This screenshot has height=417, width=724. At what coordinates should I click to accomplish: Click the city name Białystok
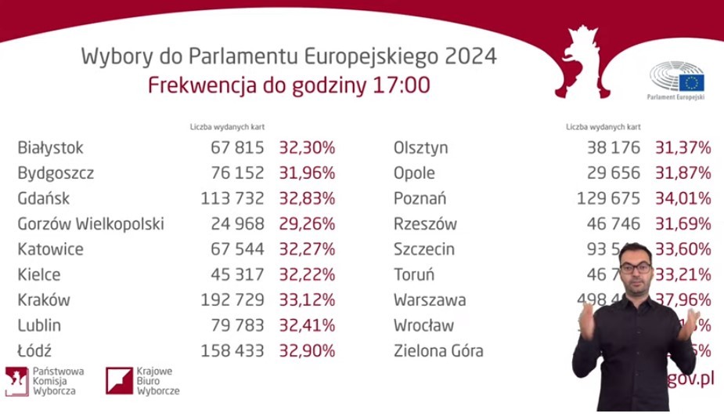[50, 147]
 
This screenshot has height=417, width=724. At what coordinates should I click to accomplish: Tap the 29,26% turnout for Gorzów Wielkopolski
[307, 224]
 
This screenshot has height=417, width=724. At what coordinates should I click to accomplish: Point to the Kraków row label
[44, 300]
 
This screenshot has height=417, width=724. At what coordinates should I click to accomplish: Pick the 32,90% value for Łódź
[307, 351]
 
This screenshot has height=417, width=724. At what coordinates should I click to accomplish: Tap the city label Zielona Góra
[438, 351]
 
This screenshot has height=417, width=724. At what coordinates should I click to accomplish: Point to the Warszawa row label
[430, 300]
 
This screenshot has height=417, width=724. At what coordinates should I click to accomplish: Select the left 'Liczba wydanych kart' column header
[228, 126]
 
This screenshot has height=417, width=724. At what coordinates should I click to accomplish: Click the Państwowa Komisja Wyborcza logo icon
[16, 381]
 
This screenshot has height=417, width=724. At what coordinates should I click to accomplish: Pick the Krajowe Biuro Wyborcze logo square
[119, 380]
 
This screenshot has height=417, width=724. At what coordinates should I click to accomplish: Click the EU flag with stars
[692, 82]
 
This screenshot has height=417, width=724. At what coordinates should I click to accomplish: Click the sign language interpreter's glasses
[637, 269]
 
